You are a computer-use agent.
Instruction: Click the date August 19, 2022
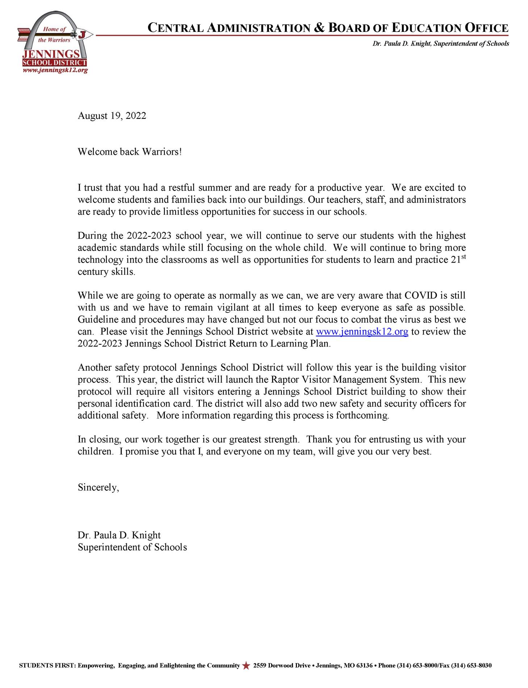click(112, 116)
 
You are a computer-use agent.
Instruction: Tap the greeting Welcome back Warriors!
click(130, 152)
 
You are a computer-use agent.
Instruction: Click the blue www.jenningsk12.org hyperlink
click(362, 332)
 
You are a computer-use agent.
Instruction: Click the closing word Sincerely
click(98, 488)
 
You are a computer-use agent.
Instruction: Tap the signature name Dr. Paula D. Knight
click(119, 535)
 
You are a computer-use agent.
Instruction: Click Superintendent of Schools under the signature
click(132, 547)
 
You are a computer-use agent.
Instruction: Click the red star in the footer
click(246, 666)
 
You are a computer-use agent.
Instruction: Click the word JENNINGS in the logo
click(51, 54)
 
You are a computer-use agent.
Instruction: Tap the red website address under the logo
click(55, 70)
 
